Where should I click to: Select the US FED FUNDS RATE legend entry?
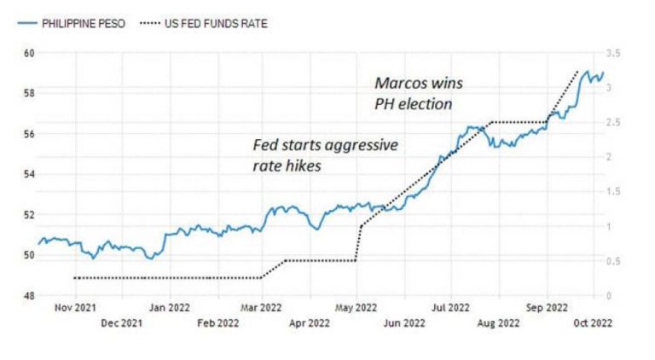pos(212,23)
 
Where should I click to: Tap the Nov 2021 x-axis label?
pos(75,307)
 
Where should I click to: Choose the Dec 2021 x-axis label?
pos(120,322)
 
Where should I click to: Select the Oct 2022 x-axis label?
pos(591,322)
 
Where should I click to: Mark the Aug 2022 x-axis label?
pos(497,322)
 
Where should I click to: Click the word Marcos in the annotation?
pos(398,84)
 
